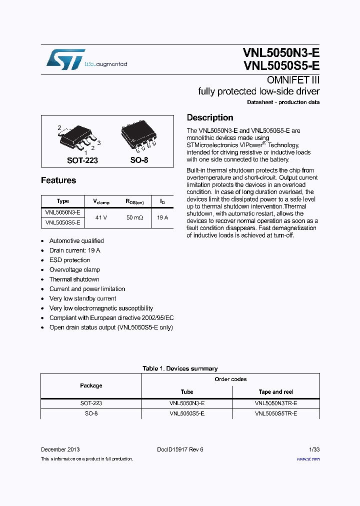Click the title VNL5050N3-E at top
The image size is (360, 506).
click(281, 53)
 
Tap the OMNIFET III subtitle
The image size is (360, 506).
click(293, 80)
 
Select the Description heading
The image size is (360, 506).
click(210, 118)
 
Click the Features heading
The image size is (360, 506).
click(58, 180)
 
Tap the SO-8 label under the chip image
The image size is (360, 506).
click(139, 160)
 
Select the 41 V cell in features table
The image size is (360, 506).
click(101, 217)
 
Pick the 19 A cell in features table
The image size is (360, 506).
click(162, 217)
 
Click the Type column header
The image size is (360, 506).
click(63, 201)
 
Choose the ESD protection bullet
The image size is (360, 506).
click(69, 260)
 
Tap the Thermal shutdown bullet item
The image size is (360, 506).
click(74, 279)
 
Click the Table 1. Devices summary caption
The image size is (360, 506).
click(180, 368)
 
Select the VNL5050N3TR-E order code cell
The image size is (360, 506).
click(276, 403)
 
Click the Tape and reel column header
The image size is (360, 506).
click(276, 392)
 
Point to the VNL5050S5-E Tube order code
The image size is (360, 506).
click(187, 414)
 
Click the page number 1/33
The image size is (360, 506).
click(314, 449)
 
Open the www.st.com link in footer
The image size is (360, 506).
click(308, 459)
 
